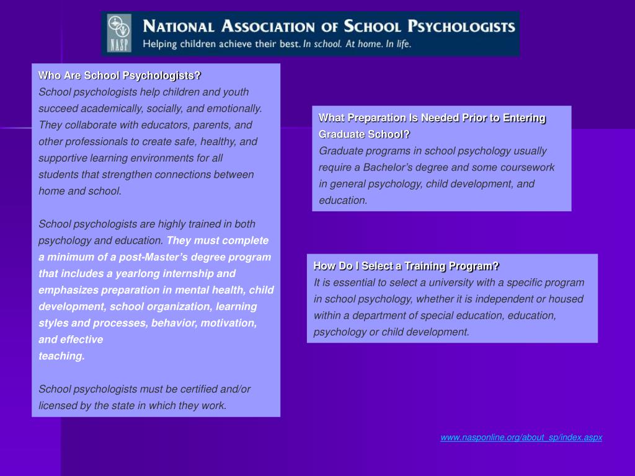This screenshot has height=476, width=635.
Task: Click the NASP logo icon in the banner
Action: [x=120, y=33]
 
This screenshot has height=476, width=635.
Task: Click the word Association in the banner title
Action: [x=270, y=27]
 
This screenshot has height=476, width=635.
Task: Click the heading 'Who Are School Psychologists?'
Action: [x=120, y=76]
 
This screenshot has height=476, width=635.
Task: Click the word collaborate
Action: [x=87, y=125]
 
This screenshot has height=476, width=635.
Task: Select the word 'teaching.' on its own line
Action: [x=61, y=356]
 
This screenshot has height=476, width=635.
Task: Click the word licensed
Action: [x=58, y=406]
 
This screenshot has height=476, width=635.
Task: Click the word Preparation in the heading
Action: [x=375, y=118]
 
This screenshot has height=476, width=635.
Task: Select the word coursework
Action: [x=526, y=167]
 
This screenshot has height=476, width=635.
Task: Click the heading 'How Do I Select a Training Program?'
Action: [x=406, y=266]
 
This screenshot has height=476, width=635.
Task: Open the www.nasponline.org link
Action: [x=521, y=438]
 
